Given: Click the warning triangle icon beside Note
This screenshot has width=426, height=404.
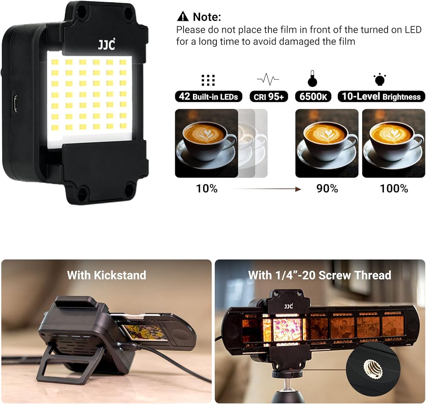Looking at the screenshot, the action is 183,16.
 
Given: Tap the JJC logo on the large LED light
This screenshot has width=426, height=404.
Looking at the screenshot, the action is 106,44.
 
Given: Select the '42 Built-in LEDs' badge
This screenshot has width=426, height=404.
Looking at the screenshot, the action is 208,96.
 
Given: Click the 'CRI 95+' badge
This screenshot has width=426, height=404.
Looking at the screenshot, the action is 268,96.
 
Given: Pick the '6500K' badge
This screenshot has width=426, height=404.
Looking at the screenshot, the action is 313,96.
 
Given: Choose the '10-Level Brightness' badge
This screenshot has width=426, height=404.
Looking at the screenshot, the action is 381,96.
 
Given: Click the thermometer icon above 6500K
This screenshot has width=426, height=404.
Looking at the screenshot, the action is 312,78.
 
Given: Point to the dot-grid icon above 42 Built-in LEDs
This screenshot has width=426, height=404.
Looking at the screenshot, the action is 208,80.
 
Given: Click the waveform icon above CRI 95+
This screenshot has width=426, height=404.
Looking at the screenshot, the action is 268,79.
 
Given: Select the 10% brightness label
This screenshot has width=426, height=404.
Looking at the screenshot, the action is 207,189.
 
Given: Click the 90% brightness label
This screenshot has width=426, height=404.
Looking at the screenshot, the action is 327,189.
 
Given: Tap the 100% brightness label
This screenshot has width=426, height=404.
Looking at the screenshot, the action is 394,189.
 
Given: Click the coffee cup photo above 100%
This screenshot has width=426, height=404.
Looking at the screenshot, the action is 394,143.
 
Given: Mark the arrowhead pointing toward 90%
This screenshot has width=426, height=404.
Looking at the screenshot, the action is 298,189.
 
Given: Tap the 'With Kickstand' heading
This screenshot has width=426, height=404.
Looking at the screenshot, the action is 106,275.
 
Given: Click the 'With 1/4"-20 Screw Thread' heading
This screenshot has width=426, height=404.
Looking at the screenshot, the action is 320,275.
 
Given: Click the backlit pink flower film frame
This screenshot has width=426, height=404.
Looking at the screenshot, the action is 288,329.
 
